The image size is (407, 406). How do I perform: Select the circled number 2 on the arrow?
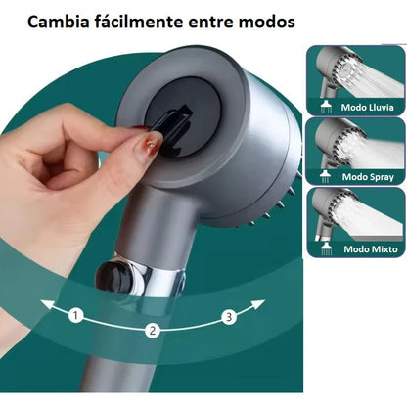click(153, 331)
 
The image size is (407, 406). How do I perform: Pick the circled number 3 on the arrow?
click(228, 316)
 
